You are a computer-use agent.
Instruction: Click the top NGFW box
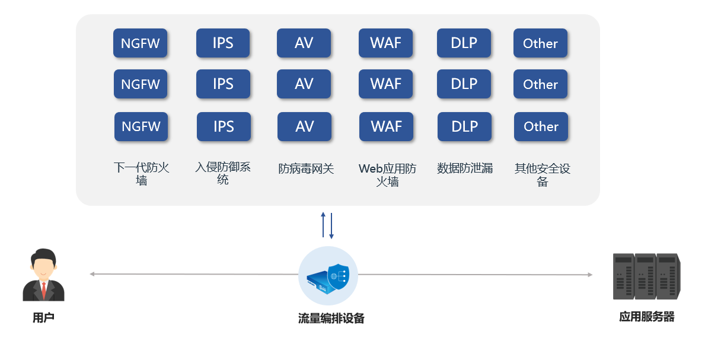coord(141,43)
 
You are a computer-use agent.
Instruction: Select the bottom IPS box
coord(224,126)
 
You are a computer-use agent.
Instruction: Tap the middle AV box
coord(304,84)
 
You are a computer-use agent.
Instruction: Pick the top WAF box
coord(385,43)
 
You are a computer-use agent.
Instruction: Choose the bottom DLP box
coord(464,126)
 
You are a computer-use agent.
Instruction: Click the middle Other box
coord(540,84)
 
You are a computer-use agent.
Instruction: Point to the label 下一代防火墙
coord(141,174)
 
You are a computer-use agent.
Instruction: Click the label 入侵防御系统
coord(223,173)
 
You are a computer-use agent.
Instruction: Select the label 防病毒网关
coord(306,168)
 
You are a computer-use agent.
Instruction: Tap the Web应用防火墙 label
coord(387,174)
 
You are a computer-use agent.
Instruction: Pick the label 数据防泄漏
coord(465,168)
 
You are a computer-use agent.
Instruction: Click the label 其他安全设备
coord(542,174)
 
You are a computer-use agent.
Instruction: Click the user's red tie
coord(43,290)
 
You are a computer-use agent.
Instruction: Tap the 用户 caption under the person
coord(43,318)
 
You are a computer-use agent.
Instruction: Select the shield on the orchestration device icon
coord(339,277)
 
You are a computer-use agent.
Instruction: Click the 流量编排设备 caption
coord(331,318)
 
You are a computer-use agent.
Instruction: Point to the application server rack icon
coord(646,276)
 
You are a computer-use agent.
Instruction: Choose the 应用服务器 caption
coord(647,317)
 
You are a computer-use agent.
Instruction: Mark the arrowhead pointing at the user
coord(92,274)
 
